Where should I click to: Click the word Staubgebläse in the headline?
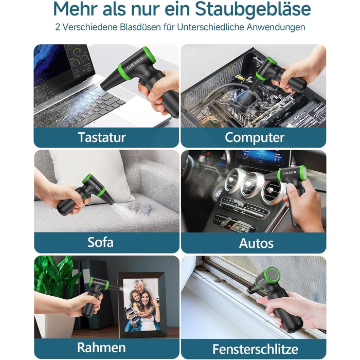tap(253, 10)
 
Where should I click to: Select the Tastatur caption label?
tap(102, 137)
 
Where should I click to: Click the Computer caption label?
tap(255, 137)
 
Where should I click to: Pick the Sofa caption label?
tap(100, 242)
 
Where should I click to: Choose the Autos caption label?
tap(256, 243)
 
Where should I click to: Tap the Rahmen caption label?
tap(101, 347)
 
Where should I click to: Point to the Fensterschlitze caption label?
tap(255, 349)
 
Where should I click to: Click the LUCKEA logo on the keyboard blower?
tap(135, 63)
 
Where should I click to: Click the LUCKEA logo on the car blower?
tap(289, 173)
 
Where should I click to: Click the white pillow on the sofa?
tap(92, 174)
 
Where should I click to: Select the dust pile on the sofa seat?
tap(140, 208)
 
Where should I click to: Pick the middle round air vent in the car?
tap(250, 184)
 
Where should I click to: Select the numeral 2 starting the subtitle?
tap(58, 27)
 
